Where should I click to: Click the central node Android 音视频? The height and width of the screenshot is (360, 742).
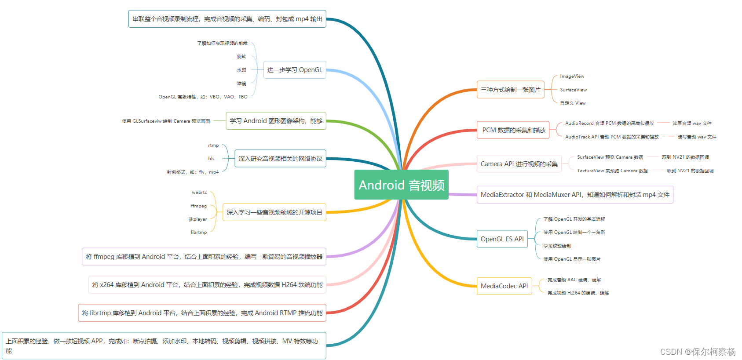(x=401, y=185)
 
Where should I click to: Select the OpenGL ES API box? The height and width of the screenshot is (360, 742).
(x=502, y=239)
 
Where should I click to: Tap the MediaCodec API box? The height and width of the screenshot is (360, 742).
(x=504, y=286)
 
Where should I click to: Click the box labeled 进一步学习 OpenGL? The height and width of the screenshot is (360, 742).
(x=295, y=70)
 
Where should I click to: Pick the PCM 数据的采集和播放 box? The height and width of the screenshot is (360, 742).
(x=513, y=130)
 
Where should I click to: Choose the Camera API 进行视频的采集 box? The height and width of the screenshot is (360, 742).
(x=519, y=164)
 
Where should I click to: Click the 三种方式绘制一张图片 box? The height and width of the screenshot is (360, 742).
(x=510, y=90)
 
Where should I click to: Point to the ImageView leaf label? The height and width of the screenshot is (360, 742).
(x=572, y=76)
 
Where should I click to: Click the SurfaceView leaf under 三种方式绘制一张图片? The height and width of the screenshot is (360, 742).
(x=573, y=90)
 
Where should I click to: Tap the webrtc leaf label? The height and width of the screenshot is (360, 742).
(x=199, y=193)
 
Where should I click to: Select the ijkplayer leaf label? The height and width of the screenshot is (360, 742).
(x=197, y=219)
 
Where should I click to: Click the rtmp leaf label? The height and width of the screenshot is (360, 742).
(x=213, y=145)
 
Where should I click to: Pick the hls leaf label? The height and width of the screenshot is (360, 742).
(x=211, y=159)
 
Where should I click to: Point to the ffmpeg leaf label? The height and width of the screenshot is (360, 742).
(x=199, y=206)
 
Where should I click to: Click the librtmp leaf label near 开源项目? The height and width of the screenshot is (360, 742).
(x=199, y=233)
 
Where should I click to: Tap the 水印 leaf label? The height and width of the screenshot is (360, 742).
(x=241, y=70)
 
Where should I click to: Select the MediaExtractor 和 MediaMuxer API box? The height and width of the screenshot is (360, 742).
(x=575, y=195)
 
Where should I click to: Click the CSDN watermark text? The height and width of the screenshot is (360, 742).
(x=698, y=352)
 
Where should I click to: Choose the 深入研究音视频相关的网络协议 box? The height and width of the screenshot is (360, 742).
(x=280, y=159)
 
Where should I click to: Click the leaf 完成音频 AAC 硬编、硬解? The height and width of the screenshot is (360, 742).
(x=574, y=280)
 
